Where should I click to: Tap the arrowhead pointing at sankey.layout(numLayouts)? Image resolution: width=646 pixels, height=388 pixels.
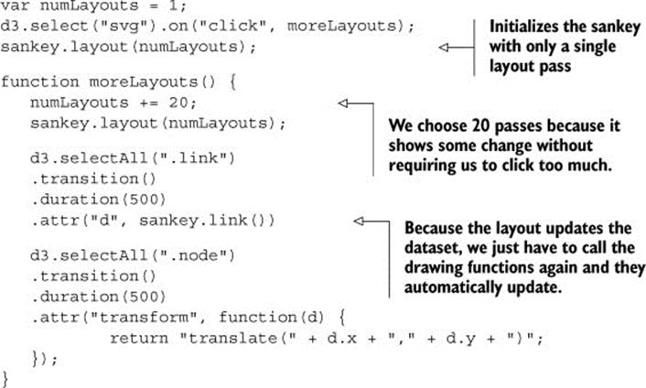coord(443,48)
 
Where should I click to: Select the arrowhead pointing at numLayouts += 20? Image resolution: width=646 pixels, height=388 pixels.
coord(343,103)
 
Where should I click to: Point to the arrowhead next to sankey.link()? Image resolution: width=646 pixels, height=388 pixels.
coord(359,221)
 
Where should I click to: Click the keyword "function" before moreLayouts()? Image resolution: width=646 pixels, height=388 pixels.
coord(39,82)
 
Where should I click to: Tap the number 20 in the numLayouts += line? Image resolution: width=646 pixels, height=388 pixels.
coord(178,102)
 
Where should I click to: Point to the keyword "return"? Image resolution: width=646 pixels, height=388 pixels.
coord(139,339)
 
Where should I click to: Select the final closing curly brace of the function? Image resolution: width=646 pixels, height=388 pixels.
coord(5,379)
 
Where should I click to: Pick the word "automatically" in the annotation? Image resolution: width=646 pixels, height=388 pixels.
coord(453,287)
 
